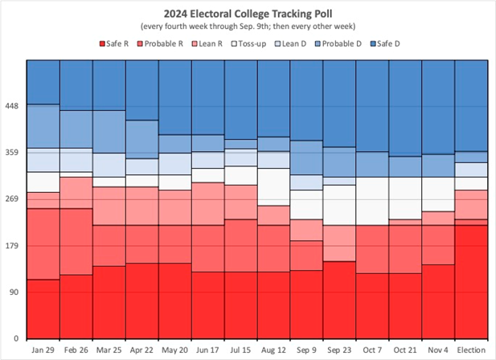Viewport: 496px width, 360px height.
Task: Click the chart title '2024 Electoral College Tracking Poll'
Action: point(248,13)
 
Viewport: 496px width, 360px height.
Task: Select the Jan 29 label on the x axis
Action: point(43,350)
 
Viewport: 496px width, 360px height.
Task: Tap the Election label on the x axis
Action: point(471,350)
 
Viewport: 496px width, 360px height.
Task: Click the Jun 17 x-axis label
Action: point(207,350)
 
